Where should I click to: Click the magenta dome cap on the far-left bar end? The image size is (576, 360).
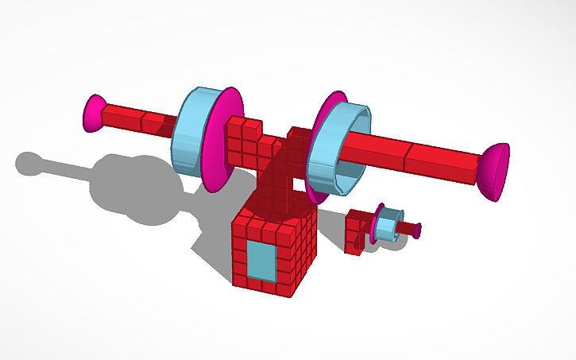[x=94, y=113]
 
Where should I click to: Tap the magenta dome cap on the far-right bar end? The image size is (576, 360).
[x=494, y=171]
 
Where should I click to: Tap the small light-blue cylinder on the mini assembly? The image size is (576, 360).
[x=388, y=226]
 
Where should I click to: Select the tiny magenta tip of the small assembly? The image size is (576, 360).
[x=417, y=230]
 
